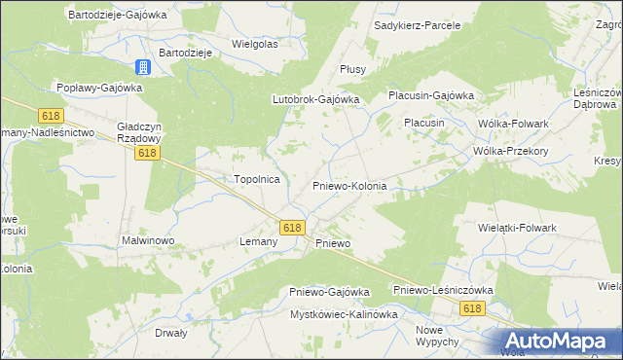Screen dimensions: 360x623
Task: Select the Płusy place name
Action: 351,69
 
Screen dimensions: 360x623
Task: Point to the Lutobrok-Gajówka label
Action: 315,99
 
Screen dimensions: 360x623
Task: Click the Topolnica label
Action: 257,179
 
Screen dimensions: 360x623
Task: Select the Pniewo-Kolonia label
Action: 349,185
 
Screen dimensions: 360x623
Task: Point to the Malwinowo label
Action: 147,239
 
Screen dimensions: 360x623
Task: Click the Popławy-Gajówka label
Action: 99,87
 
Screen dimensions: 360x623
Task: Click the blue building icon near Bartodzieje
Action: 143,67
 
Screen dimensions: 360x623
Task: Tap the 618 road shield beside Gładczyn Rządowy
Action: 147,153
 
